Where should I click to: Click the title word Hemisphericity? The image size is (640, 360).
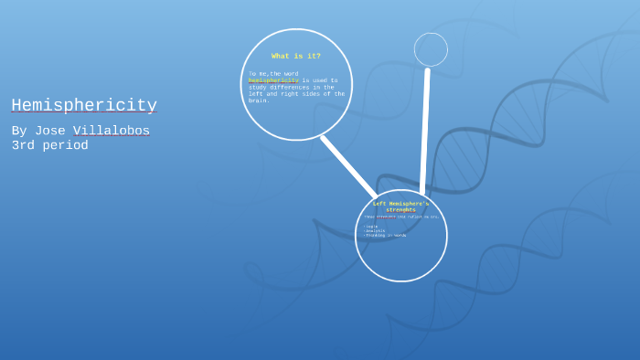84,105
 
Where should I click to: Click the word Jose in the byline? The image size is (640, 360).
49,132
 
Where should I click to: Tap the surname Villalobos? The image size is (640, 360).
112,132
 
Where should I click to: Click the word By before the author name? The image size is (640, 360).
19,132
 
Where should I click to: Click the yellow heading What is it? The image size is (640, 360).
296,56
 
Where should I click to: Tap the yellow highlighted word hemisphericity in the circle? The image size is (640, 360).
273,80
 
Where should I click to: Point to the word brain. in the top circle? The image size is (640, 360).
259,101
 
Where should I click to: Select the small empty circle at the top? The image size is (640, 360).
431,49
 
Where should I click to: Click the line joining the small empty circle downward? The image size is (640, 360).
425,128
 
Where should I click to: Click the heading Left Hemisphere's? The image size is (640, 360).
400,204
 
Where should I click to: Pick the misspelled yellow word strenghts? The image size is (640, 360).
400,210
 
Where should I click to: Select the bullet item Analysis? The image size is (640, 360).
375,230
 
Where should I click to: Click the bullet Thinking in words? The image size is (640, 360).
386,235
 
